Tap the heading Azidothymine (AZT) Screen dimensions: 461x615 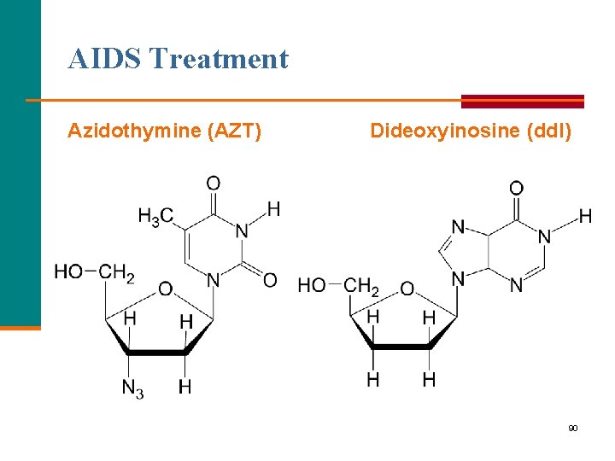point(165,131)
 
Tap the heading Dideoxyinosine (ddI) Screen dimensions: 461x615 point(471,131)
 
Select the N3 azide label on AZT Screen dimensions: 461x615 point(132,388)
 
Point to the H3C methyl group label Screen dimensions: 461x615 point(155,217)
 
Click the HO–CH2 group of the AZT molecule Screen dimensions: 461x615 point(94,272)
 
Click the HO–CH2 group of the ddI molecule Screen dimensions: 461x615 point(338,285)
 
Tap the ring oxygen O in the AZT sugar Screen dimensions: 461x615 point(165,289)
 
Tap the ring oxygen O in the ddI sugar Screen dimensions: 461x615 point(407,289)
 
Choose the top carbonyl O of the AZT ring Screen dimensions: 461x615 point(214,183)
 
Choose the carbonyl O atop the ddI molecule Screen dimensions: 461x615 point(516,187)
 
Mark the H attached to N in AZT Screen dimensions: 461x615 point(273,208)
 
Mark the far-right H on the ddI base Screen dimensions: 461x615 point(585,216)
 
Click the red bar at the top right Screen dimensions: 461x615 point(523,101)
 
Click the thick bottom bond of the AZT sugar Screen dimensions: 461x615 point(156,351)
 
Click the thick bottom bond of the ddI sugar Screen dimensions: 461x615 point(401,346)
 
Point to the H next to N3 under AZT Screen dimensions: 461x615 point(185,388)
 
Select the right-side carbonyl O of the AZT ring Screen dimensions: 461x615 point(270,279)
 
